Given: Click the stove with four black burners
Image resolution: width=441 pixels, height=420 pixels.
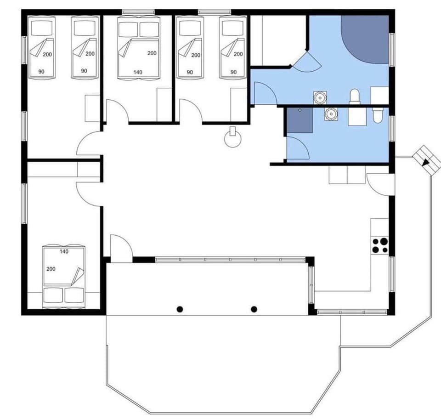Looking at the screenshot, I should [380, 245].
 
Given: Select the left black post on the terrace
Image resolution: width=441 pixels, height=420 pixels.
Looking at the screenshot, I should [181, 309].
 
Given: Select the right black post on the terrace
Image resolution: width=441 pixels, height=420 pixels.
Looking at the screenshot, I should [254, 309].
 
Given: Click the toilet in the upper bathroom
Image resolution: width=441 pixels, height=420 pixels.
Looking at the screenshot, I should [355, 96].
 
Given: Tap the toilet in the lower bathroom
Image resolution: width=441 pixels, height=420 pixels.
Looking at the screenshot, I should [378, 115].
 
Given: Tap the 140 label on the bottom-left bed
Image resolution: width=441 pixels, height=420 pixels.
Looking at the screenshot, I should [64, 251].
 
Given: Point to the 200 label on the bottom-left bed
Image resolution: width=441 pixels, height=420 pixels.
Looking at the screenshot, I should [51, 268].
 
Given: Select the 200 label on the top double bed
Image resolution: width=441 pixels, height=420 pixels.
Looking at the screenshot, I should [152, 53].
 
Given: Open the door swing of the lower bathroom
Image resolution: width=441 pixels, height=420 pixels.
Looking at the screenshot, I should [298, 147].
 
